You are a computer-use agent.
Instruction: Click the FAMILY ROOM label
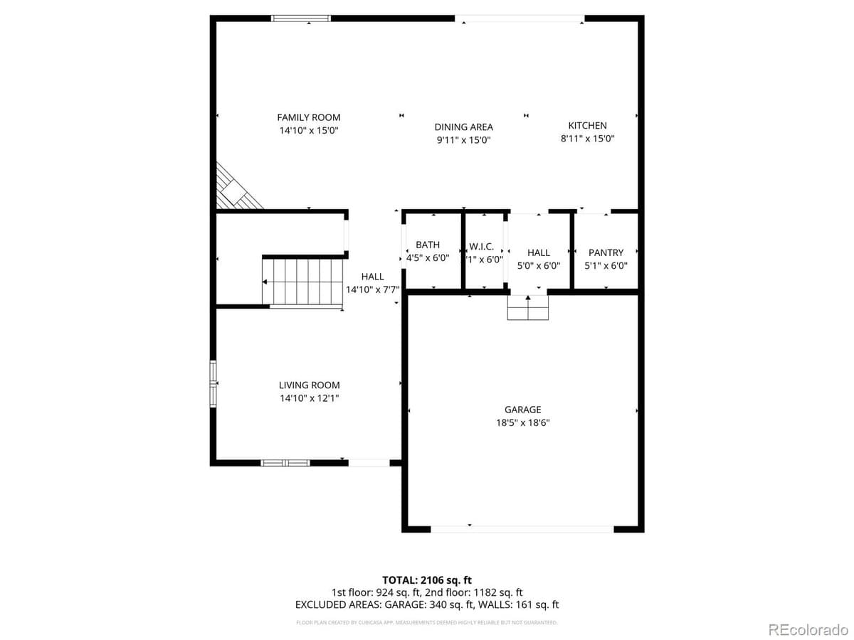309,117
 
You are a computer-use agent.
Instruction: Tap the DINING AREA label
463,127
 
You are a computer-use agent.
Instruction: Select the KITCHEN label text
587,125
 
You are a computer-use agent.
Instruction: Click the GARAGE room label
523,410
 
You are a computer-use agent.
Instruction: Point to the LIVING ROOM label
309,385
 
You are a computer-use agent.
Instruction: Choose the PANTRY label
606,252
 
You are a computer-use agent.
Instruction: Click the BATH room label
428,245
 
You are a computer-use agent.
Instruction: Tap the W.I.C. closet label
481,247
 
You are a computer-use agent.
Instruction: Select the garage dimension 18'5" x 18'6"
523,422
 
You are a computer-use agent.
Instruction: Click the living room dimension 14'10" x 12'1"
309,398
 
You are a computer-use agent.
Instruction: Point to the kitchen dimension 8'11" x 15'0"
587,139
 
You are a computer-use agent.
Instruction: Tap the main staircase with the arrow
302,282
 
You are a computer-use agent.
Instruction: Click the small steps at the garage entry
528,308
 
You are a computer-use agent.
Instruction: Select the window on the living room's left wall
213,384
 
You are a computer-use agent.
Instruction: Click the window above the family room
302,18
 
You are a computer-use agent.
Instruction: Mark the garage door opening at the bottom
522,529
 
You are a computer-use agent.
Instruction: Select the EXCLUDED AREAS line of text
427,604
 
